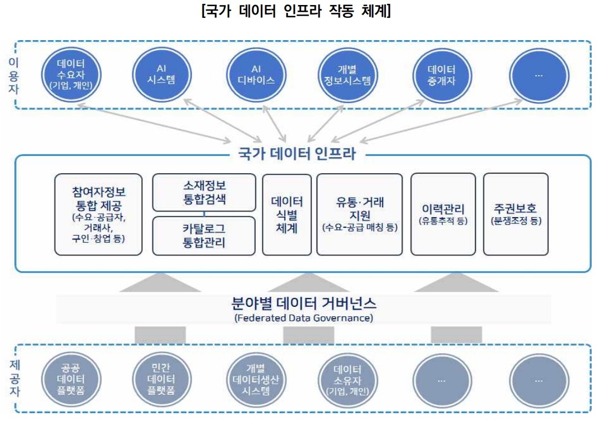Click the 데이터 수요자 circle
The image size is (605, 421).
[70, 74]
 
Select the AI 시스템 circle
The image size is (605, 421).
[161, 74]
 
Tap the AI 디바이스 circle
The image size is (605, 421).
[256, 74]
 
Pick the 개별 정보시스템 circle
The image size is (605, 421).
[348, 74]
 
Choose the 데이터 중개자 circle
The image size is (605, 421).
[442, 74]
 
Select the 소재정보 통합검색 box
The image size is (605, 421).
[204, 192]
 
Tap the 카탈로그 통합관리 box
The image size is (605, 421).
[204, 236]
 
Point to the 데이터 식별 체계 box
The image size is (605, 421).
[286, 214]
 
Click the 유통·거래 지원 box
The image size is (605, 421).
[359, 214]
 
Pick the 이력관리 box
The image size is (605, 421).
[443, 214]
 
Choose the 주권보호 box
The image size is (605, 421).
[515, 214]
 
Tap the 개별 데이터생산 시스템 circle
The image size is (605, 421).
[256, 380]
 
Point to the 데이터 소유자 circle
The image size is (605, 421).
[348, 380]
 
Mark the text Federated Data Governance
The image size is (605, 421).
[303, 319]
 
